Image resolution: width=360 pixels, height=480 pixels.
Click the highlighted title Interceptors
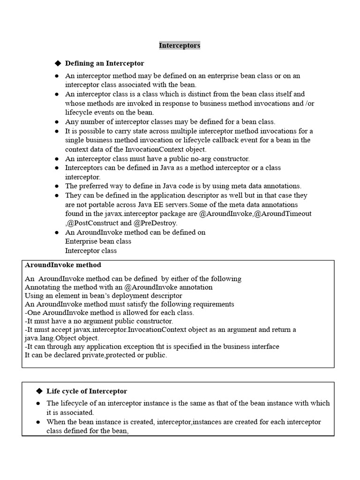pos(180,45)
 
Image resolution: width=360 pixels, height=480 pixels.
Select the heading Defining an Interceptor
pos(104,63)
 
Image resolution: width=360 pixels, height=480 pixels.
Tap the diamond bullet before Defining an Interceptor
pos(58,63)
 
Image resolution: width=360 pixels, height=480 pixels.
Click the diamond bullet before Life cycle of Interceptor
pos(39,391)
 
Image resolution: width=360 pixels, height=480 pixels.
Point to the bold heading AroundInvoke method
pos(63,265)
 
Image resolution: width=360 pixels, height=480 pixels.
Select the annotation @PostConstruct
pos(96,223)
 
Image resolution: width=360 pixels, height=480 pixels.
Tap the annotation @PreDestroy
pos(155,223)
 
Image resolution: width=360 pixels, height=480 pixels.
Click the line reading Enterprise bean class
pos(98,241)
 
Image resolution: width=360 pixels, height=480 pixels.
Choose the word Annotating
pos(43,287)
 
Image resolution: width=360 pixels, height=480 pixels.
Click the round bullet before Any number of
pos(57,122)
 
